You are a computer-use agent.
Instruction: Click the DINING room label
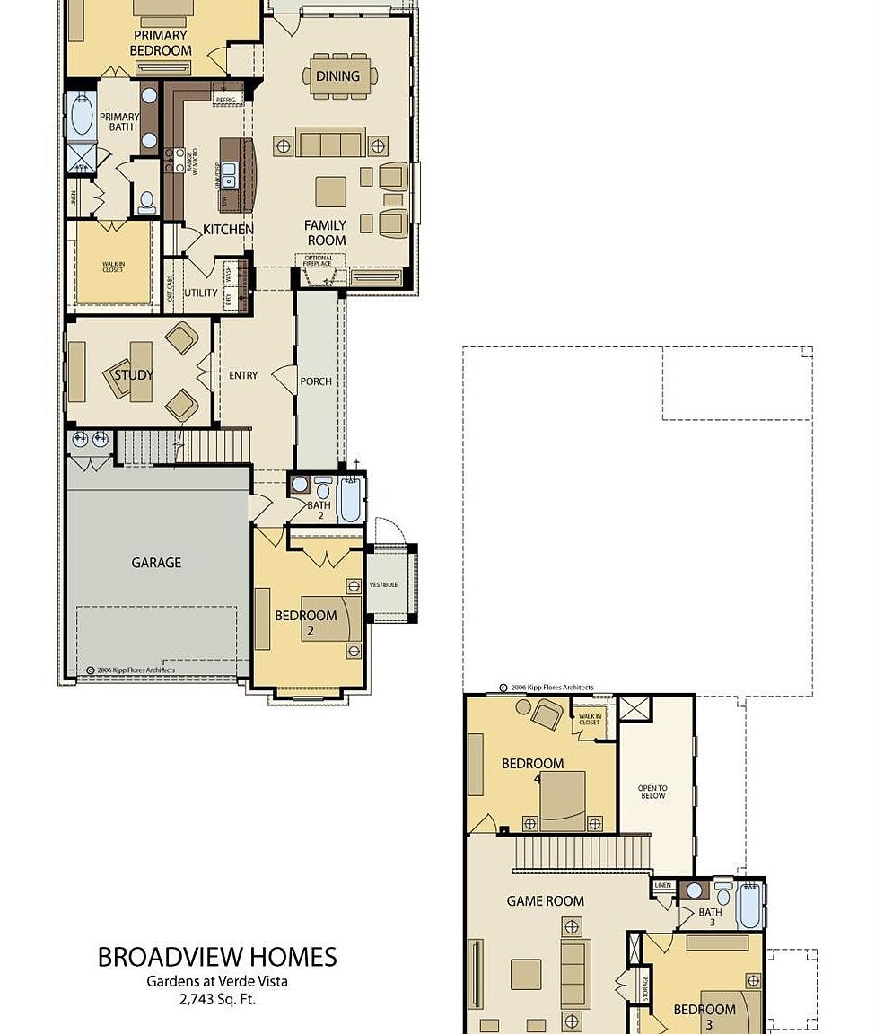[337, 76]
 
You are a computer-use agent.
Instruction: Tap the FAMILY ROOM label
[326, 232]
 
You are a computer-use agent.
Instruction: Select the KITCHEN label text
[227, 230]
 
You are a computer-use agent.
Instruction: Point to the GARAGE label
[156, 563]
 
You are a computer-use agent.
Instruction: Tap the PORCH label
[316, 381]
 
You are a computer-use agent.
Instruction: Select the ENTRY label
[243, 376]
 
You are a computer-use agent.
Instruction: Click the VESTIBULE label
[383, 584]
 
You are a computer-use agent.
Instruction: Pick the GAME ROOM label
[545, 901]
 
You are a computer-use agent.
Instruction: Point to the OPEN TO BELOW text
[652, 792]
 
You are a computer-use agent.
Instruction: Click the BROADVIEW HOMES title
[217, 957]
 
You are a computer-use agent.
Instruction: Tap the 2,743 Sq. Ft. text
[217, 997]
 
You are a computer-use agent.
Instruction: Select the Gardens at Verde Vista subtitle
[217, 981]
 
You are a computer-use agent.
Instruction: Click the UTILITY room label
[200, 294]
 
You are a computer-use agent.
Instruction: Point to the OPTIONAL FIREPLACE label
[319, 261]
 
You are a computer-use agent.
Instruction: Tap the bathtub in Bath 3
[750, 906]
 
